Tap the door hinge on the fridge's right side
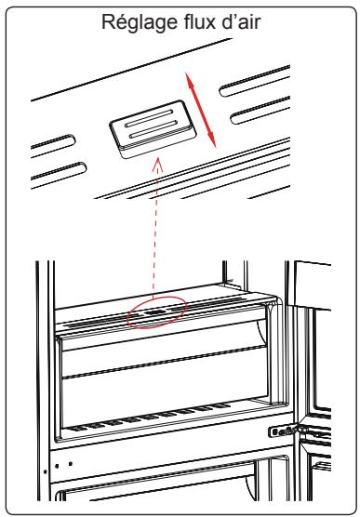tap(284, 431)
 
